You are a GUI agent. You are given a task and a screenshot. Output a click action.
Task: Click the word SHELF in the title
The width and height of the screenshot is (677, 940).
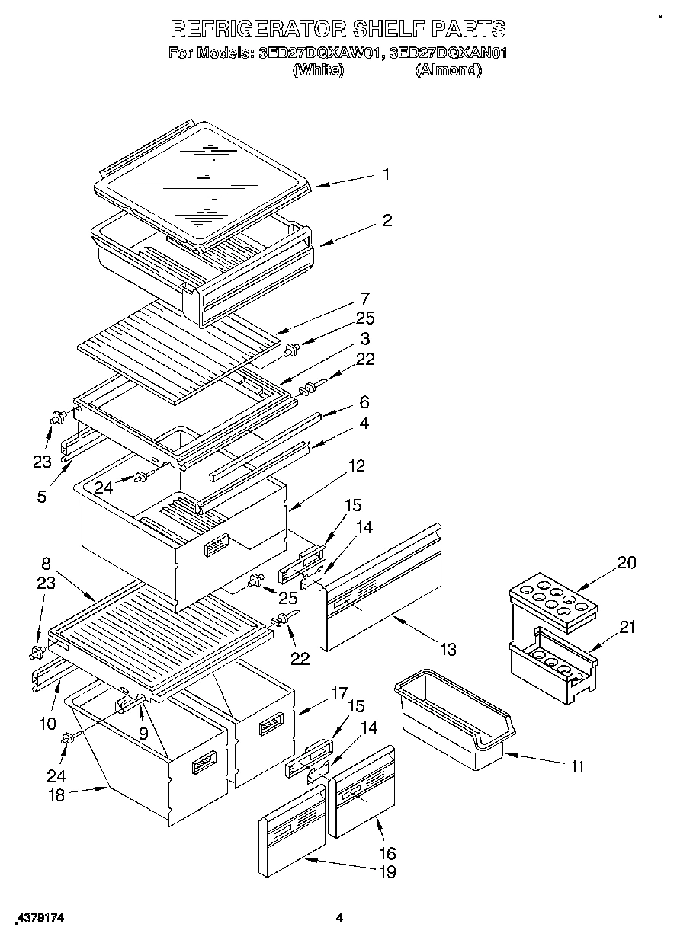[389, 29]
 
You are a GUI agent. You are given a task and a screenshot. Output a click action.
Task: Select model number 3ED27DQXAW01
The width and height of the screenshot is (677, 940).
[319, 53]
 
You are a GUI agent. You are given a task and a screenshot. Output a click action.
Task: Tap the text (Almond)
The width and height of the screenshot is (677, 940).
[448, 70]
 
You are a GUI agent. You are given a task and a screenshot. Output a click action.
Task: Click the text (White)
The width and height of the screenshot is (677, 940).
[319, 70]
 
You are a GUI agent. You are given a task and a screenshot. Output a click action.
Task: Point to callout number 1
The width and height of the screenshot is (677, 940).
[386, 174]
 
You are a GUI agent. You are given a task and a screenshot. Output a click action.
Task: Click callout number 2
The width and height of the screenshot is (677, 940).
[387, 220]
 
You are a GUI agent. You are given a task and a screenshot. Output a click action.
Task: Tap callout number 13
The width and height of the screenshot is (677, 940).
[448, 648]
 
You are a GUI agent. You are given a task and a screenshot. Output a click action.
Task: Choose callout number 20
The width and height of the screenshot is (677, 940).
[625, 562]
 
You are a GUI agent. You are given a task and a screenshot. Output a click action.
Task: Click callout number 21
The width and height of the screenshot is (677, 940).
[627, 627]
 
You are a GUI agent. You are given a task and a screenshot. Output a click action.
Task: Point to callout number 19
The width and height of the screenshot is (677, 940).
[387, 872]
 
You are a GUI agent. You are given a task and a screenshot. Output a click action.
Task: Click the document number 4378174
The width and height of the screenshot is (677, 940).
[37, 919]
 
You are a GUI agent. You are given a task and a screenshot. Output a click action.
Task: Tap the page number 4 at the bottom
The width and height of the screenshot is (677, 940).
[339, 919]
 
